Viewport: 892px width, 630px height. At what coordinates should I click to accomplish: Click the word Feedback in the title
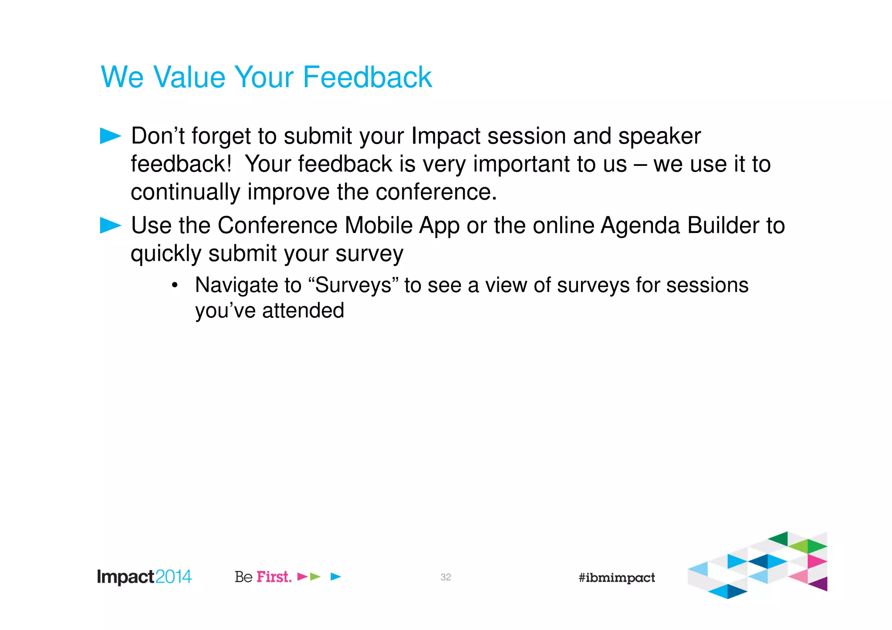[x=367, y=77]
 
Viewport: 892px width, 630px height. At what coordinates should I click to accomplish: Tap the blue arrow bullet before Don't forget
[x=110, y=136]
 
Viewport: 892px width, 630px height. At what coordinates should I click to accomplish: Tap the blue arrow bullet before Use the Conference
[x=110, y=226]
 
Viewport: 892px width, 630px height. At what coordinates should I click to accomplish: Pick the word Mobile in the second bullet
[x=378, y=226]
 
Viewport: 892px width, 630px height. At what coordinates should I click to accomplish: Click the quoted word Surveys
[x=353, y=286]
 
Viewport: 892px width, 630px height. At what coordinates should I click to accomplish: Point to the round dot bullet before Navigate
[x=175, y=286]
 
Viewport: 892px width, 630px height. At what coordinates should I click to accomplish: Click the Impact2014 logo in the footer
[x=144, y=577]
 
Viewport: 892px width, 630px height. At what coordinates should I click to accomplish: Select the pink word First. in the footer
[x=274, y=577]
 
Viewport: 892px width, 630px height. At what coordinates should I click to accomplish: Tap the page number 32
[x=446, y=577]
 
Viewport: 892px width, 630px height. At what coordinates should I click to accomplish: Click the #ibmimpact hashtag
[x=616, y=578]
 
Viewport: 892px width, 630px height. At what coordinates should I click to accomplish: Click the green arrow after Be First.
[x=315, y=577]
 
